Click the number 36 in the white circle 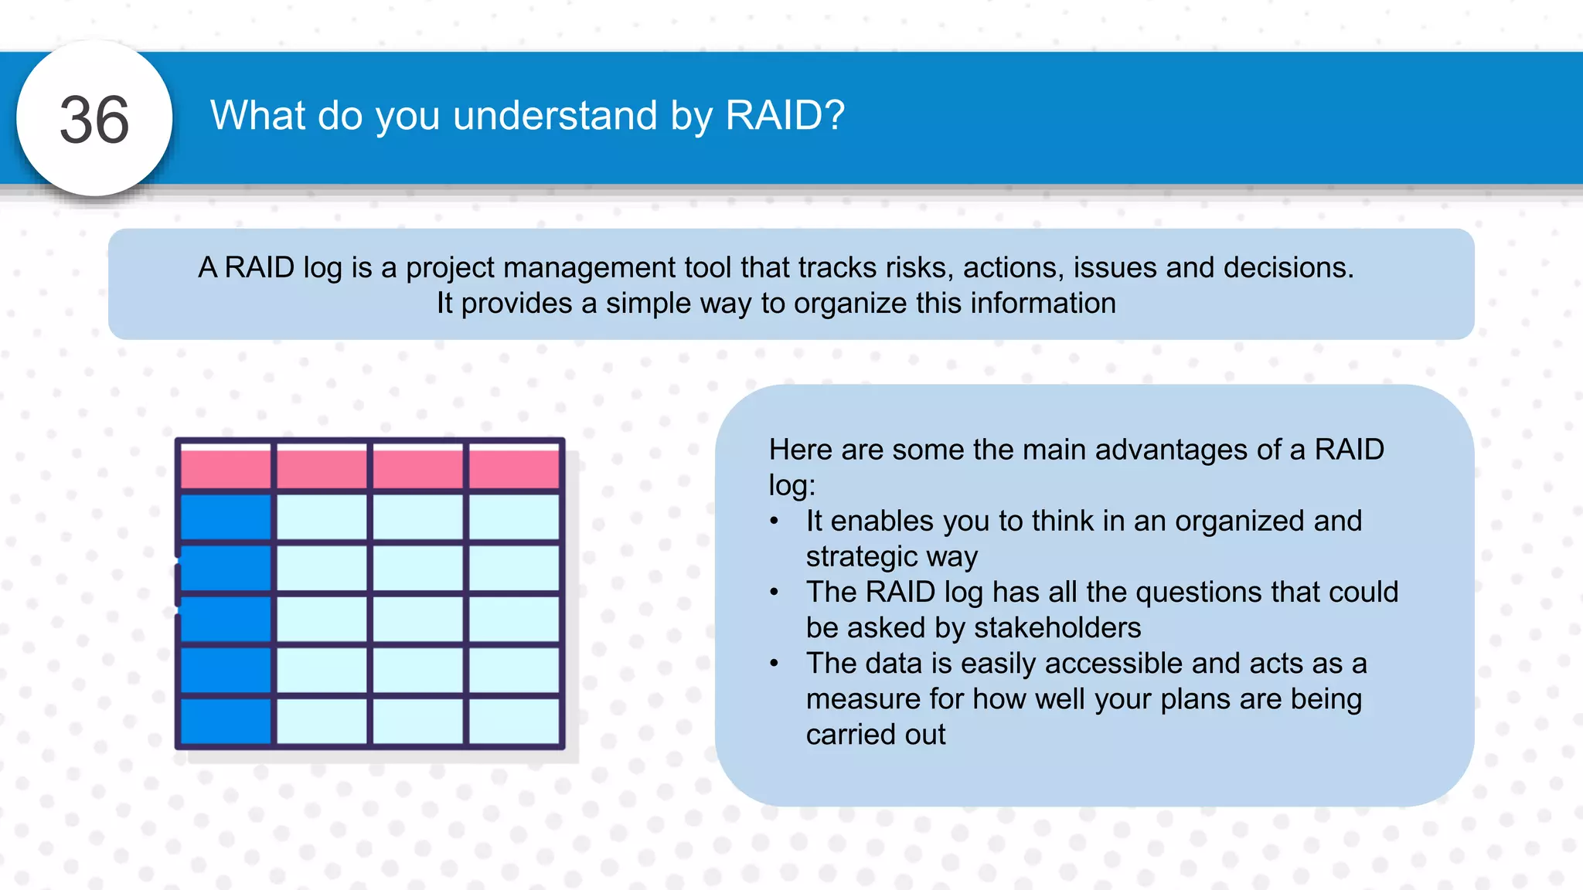94,120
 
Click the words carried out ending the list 875,734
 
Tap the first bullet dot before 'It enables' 774,521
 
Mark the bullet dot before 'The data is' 774,664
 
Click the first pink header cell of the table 226,467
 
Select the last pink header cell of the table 514,467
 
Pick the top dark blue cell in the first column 226,516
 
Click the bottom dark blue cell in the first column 226,720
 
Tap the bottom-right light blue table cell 514,720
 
